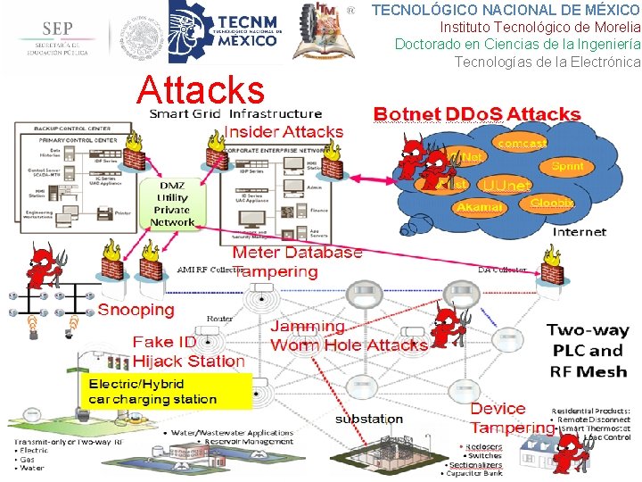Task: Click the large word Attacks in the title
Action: pos(202,89)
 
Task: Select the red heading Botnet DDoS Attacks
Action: pos(476,114)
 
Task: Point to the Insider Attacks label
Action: pos(283,131)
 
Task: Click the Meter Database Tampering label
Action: pos(297,262)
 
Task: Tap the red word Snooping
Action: pos(136,310)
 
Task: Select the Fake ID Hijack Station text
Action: pos(188,352)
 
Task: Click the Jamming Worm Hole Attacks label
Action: pos(348,337)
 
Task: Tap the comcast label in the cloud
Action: pos(523,143)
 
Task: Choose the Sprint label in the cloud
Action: pos(567,166)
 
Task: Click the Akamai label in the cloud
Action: pos(479,207)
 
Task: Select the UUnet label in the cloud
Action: pos(504,186)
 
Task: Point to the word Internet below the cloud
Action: pos(580,231)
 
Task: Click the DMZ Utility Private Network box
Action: pos(172,204)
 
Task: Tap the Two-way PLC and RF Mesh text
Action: pos(588,351)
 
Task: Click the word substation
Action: pos(369,419)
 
